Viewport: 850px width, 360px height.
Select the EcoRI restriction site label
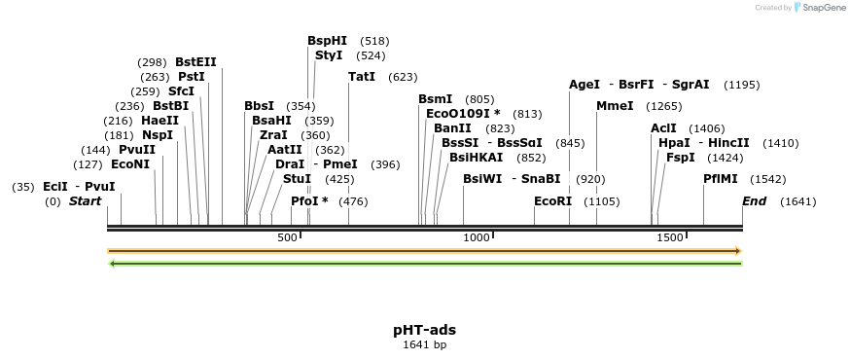[x=553, y=201]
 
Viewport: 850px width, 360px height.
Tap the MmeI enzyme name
[x=615, y=105]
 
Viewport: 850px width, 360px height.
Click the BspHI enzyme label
[x=327, y=41]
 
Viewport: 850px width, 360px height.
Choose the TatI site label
[x=362, y=77]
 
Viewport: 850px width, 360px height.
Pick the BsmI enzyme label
[x=436, y=99]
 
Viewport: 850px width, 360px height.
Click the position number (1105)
[x=601, y=201]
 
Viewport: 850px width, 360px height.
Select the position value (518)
[x=374, y=41]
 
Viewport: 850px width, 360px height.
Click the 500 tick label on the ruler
[x=287, y=238]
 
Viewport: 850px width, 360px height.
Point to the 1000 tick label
[x=477, y=238]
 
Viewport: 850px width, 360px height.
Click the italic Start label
[x=85, y=201]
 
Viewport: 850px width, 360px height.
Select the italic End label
[x=754, y=201]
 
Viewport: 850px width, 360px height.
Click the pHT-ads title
[x=425, y=330]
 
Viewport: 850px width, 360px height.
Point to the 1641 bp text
[x=425, y=344]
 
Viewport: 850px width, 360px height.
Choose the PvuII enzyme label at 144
[x=137, y=150]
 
